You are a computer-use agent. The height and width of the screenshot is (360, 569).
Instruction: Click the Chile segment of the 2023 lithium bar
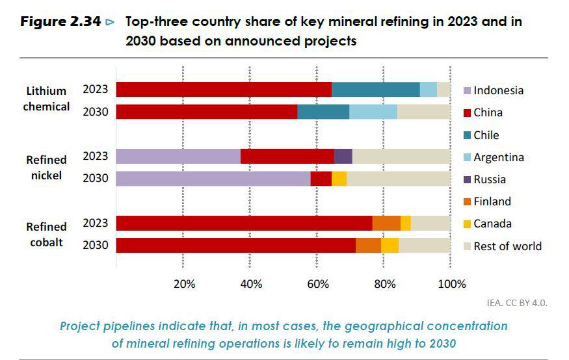pyautogui.click(x=375, y=90)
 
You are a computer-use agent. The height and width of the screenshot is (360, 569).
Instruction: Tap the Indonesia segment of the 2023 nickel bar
pyautogui.click(x=178, y=156)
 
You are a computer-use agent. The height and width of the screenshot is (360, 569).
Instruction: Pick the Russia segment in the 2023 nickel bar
pyautogui.click(x=343, y=156)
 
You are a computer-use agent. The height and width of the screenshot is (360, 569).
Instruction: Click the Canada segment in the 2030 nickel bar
pyautogui.click(x=339, y=179)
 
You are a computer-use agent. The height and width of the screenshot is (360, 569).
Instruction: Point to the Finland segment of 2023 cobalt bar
pyautogui.click(x=386, y=224)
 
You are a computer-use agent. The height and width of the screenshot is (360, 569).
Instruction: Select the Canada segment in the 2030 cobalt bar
pyautogui.click(x=390, y=246)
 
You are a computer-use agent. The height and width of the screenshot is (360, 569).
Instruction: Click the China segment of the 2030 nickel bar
pyautogui.click(x=321, y=179)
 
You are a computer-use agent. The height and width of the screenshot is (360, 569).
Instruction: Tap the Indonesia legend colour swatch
pyautogui.click(x=466, y=91)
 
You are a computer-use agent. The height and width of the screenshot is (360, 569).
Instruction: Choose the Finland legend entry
pyautogui.click(x=492, y=201)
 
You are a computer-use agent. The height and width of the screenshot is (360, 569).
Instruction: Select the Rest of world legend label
pyautogui.click(x=507, y=246)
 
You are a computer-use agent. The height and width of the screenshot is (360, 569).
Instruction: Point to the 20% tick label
pyautogui.click(x=184, y=284)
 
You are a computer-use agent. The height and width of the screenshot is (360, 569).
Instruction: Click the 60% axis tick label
pyautogui.click(x=318, y=284)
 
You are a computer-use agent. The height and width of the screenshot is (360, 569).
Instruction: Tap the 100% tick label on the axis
pyautogui.click(x=452, y=284)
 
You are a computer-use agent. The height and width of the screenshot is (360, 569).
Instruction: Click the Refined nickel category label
pyautogui.click(x=46, y=167)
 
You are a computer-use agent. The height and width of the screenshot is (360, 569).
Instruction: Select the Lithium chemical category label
pyautogui.click(x=46, y=99)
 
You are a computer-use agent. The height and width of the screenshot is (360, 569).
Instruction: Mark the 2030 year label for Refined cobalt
pyautogui.click(x=95, y=245)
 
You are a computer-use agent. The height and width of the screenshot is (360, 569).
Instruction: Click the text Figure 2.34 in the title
pyautogui.click(x=61, y=22)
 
